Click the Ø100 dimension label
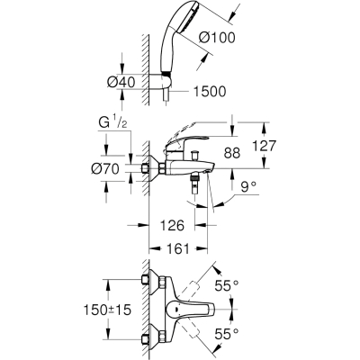(217, 38)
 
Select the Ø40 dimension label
(121, 82)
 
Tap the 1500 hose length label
(209, 92)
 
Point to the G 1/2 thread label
(112, 123)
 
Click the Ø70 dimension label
(105, 170)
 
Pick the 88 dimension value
(232, 153)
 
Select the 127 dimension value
(263, 146)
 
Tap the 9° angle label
(248, 187)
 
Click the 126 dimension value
(171, 225)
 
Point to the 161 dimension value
(177, 248)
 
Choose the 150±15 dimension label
(107, 310)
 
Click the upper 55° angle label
(227, 285)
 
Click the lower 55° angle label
(227, 334)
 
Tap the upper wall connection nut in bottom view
(146, 280)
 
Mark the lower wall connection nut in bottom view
(146, 338)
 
